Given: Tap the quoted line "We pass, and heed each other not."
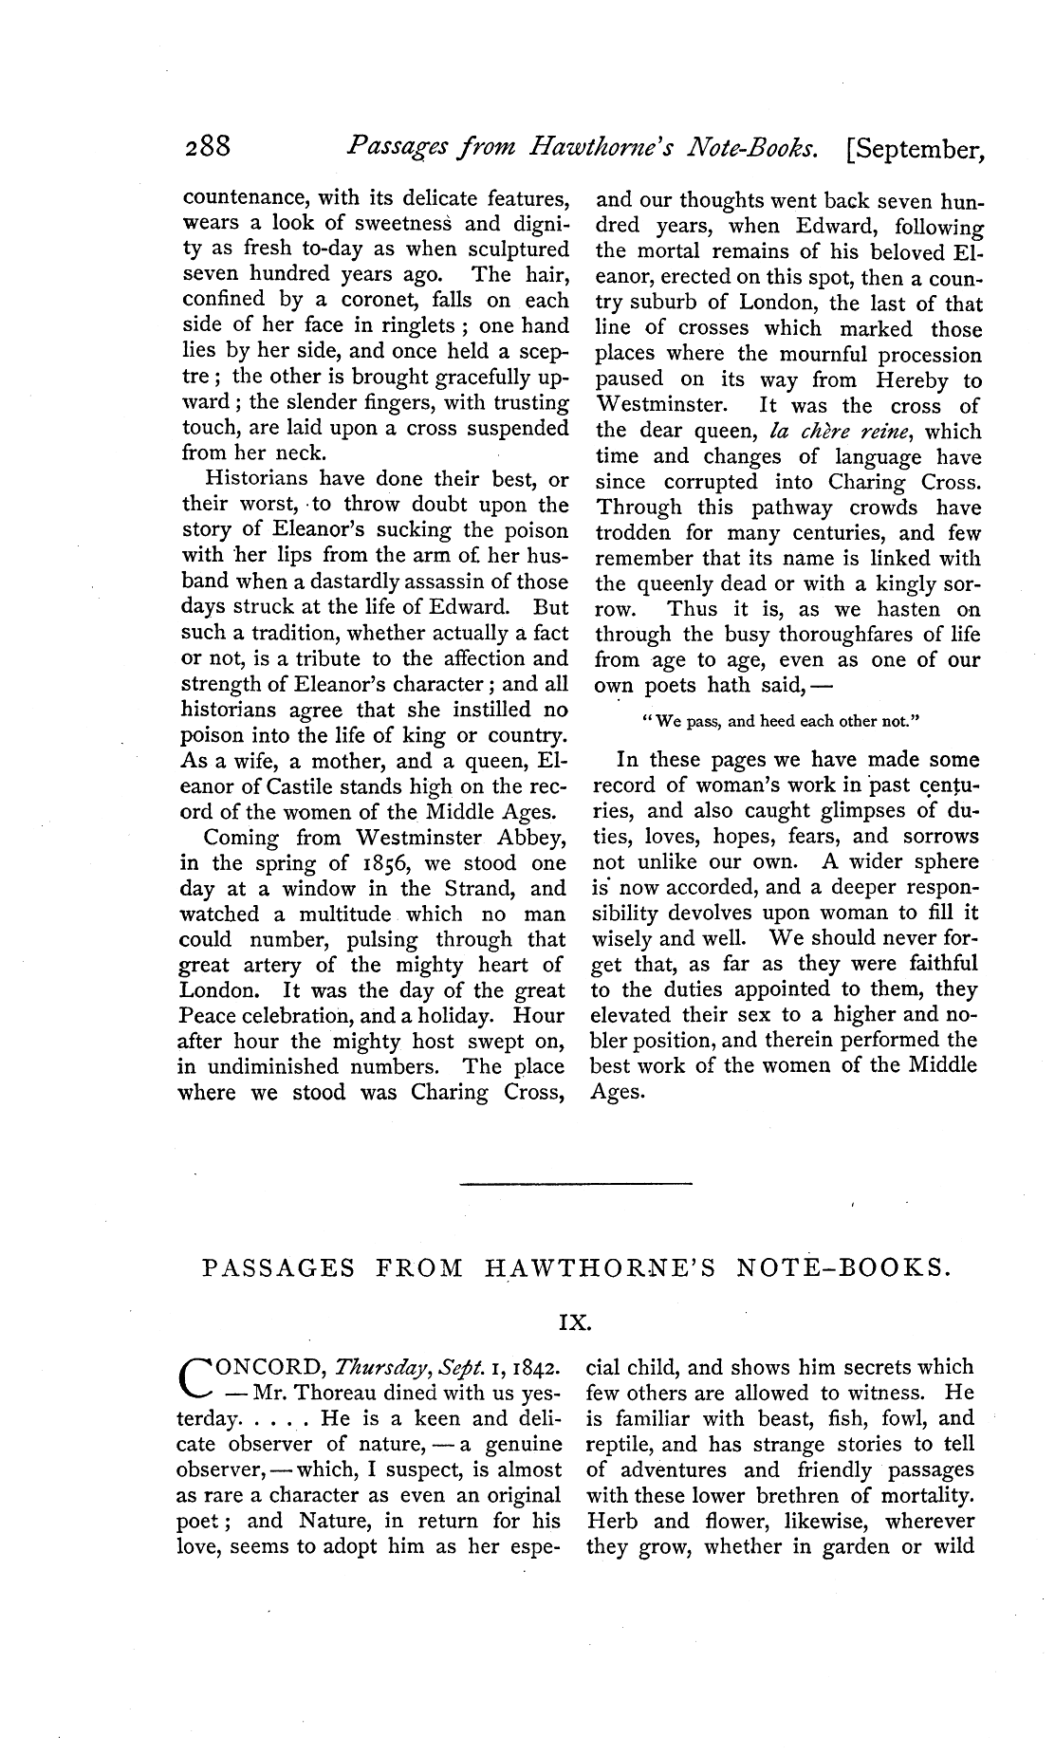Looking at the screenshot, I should pyautogui.click(x=781, y=720).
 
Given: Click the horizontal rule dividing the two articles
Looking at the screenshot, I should pyautogui.click(x=576, y=1182).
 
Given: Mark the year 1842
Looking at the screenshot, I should pyautogui.click(x=536, y=1368).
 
